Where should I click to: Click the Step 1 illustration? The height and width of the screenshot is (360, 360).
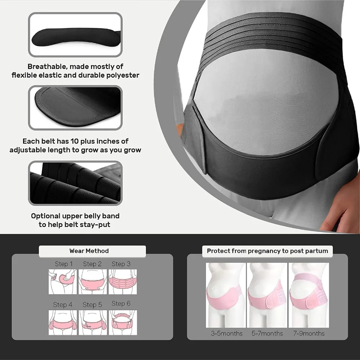tap(63, 282)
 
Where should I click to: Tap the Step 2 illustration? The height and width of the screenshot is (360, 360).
tap(93, 282)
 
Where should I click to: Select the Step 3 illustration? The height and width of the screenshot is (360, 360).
tap(123, 282)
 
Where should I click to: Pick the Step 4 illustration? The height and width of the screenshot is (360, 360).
tap(63, 322)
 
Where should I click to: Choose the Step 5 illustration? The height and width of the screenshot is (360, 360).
tap(93, 322)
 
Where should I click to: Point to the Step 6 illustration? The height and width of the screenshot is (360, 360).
tap(123, 322)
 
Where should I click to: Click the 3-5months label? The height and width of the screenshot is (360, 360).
tap(227, 333)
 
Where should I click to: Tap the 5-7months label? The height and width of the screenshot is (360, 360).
tap(267, 333)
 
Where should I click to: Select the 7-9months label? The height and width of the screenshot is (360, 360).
tap(309, 333)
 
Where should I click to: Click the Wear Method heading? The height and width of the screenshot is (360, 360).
tap(89, 251)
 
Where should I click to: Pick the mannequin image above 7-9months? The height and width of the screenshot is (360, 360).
tap(309, 295)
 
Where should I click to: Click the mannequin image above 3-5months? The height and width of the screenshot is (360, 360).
tap(226, 295)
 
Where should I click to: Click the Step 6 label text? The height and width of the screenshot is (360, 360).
tap(121, 304)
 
